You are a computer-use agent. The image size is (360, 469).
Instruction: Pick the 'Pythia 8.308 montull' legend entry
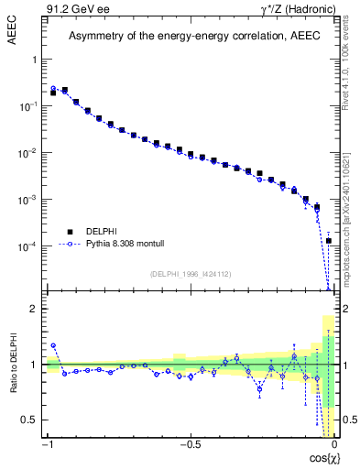pyautogui.click(x=123, y=245)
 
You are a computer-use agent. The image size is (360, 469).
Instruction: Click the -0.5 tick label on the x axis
pyautogui.click(x=190, y=444)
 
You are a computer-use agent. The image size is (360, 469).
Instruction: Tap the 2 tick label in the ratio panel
pyautogui.click(x=36, y=309)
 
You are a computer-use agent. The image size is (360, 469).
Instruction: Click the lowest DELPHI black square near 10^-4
pyautogui.click(x=328, y=241)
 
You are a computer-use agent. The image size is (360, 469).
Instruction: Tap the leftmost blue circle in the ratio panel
pyautogui.click(x=53, y=345)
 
